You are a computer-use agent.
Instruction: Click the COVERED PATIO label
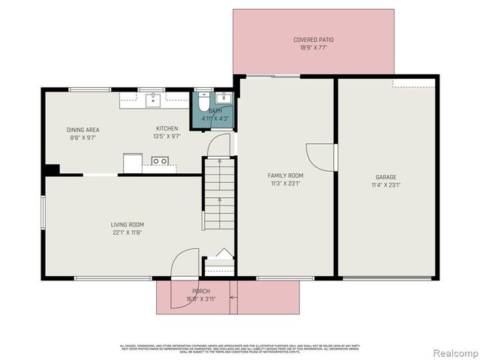[313, 39]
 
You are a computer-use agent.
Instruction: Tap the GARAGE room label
[387, 177]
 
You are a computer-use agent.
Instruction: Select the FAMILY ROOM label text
[285, 175]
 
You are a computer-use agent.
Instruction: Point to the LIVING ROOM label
[127, 224]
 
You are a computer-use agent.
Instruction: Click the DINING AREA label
[83, 130]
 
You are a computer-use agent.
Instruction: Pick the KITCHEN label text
[167, 128]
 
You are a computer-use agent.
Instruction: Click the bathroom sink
[223, 98]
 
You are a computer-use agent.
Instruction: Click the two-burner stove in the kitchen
[159, 160]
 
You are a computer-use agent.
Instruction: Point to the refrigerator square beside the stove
[133, 162]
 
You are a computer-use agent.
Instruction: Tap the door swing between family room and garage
[321, 157]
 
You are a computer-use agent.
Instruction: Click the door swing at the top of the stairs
[219, 145]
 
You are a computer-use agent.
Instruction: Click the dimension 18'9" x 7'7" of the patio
[313, 47]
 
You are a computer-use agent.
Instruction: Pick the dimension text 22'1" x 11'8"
[127, 232]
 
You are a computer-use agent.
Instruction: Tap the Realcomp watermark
[452, 352]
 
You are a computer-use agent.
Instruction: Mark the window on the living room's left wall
[43, 210]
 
